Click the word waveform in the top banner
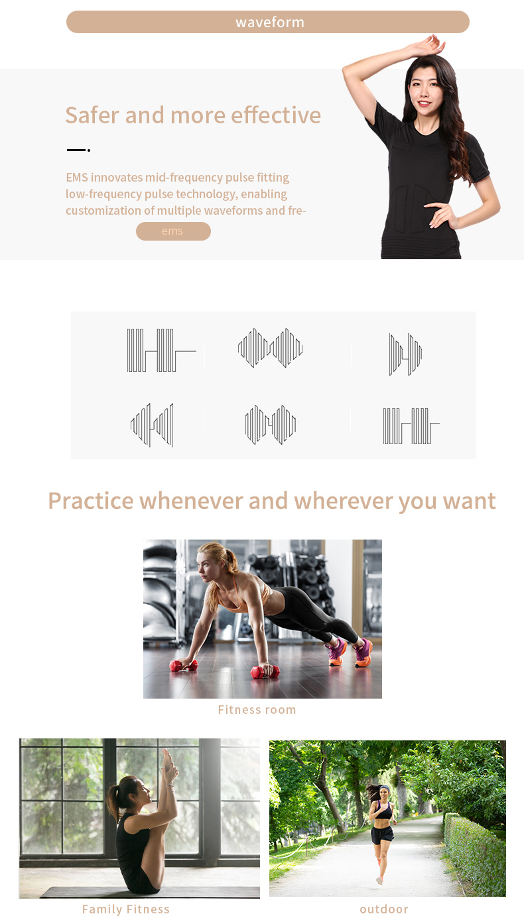click(x=269, y=22)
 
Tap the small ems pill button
click(x=172, y=231)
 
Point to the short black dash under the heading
click(x=76, y=150)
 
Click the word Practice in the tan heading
click(x=91, y=500)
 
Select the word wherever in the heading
click(x=344, y=500)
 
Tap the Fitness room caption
click(x=257, y=710)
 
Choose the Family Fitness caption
click(x=126, y=909)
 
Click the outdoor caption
click(x=384, y=909)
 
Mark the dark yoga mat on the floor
click(x=99, y=892)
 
